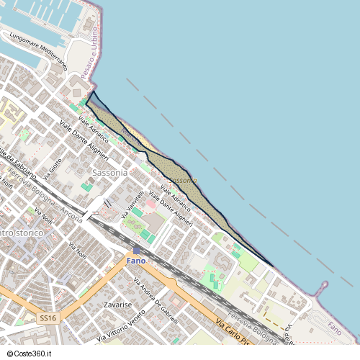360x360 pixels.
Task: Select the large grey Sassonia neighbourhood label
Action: [x=110, y=173]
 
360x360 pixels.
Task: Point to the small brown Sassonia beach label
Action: [x=183, y=180]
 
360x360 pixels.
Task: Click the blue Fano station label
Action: [x=136, y=260]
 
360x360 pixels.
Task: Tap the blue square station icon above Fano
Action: [x=137, y=250]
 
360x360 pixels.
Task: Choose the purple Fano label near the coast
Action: [x=335, y=328]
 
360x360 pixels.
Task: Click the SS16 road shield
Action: [x=48, y=318]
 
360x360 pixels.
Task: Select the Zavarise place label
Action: [x=117, y=305]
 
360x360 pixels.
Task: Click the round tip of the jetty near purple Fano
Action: [x=325, y=284]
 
